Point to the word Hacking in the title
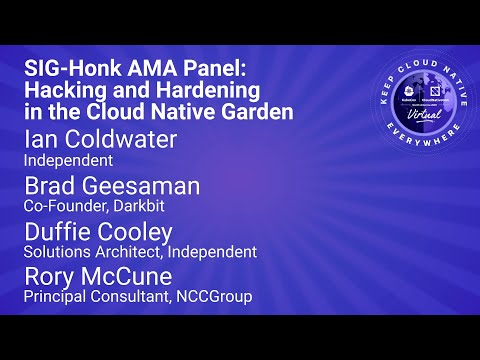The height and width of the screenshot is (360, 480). click(62, 92)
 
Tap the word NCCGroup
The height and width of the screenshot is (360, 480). click(215, 296)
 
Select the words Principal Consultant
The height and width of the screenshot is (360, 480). click(95, 296)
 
